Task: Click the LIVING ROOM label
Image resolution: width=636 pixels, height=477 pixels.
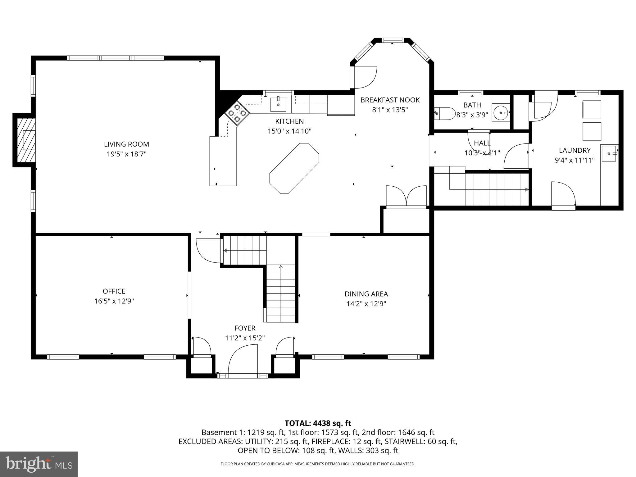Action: (126, 144)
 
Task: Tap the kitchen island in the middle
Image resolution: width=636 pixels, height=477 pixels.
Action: (294, 168)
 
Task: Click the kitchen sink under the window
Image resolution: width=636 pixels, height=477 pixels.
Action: (278, 104)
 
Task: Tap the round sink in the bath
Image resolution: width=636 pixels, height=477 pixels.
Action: (501, 112)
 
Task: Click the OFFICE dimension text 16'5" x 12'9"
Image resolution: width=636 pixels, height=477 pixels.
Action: (114, 301)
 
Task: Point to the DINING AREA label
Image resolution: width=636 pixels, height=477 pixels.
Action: (366, 294)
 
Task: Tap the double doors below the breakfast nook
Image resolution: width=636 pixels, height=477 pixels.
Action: (406, 196)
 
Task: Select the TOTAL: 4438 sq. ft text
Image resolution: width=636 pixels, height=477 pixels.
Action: (318, 423)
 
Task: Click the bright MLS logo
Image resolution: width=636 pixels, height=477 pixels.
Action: (39, 464)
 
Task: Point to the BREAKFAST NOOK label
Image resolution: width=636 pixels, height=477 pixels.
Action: (390, 100)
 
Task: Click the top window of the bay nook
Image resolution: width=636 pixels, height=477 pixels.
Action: (393, 40)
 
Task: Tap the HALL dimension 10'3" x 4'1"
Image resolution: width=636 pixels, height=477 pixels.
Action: (482, 153)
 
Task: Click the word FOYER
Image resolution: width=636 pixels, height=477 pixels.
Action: (245, 328)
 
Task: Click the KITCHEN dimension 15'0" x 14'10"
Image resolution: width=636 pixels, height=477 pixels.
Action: (289, 131)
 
